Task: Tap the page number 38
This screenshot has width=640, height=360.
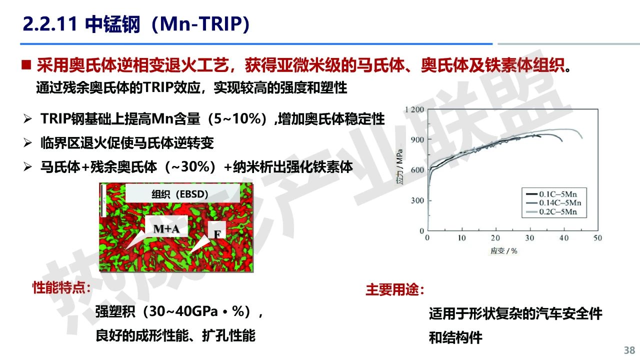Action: click(x=629, y=350)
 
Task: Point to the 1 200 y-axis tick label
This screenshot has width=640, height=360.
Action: click(x=414, y=109)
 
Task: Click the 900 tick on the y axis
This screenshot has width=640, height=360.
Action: click(x=417, y=139)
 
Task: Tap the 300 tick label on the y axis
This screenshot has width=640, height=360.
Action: click(x=417, y=200)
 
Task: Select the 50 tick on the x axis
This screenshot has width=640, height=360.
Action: click(x=597, y=237)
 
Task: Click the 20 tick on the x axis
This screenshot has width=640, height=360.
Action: click(x=495, y=237)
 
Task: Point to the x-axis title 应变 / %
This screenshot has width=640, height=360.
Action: click(x=503, y=251)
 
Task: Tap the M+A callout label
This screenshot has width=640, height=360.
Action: click(x=166, y=228)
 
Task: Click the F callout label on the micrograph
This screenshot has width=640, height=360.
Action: click(x=217, y=234)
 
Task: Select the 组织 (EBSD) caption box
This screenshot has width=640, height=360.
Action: click(x=182, y=193)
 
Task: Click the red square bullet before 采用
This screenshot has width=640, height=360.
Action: click(x=26, y=64)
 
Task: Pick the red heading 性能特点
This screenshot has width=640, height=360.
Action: click(x=61, y=287)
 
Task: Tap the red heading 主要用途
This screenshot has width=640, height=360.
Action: click(x=394, y=289)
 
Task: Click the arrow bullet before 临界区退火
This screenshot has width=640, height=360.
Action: click(x=27, y=142)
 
